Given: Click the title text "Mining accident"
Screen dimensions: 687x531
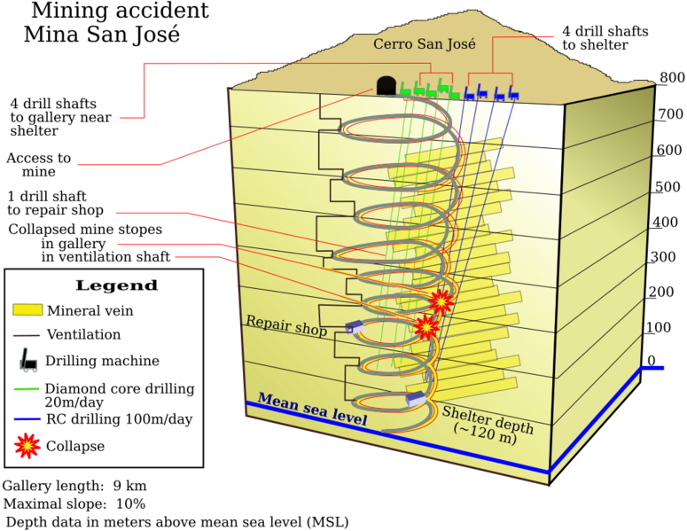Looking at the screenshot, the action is [x=120, y=11].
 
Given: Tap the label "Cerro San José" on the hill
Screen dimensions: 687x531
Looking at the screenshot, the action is [x=424, y=43].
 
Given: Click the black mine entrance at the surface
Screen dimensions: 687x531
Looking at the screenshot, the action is [x=386, y=85].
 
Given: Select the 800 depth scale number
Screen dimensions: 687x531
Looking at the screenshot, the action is [x=672, y=77].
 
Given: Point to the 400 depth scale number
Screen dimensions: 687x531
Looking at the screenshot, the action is [x=665, y=223].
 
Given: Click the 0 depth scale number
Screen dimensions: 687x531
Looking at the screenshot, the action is [x=652, y=360].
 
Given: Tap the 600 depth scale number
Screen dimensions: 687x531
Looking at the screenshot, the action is [x=669, y=151].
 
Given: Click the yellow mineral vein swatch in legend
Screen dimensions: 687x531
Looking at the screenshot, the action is [x=27, y=309].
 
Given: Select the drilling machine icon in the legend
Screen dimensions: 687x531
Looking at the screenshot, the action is [x=28, y=360].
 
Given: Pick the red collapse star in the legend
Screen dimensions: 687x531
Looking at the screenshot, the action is [x=27, y=446].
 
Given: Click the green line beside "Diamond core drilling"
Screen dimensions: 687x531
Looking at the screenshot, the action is [x=27, y=388].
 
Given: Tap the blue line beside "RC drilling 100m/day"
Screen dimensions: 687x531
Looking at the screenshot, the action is [x=27, y=419].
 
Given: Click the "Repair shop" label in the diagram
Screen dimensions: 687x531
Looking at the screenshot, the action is [x=286, y=325].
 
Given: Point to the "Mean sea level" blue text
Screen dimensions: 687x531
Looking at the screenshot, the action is [x=312, y=409].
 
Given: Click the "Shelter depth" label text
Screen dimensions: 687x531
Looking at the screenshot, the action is [x=488, y=419].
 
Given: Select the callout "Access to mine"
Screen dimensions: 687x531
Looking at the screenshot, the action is [x=38, y=164].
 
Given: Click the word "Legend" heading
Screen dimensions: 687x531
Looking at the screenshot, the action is [x=116, y=285].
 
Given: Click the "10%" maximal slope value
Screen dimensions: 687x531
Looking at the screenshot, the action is [x=130, y=504].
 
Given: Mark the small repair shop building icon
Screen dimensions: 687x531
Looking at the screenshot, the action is [x=355, y=327].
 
